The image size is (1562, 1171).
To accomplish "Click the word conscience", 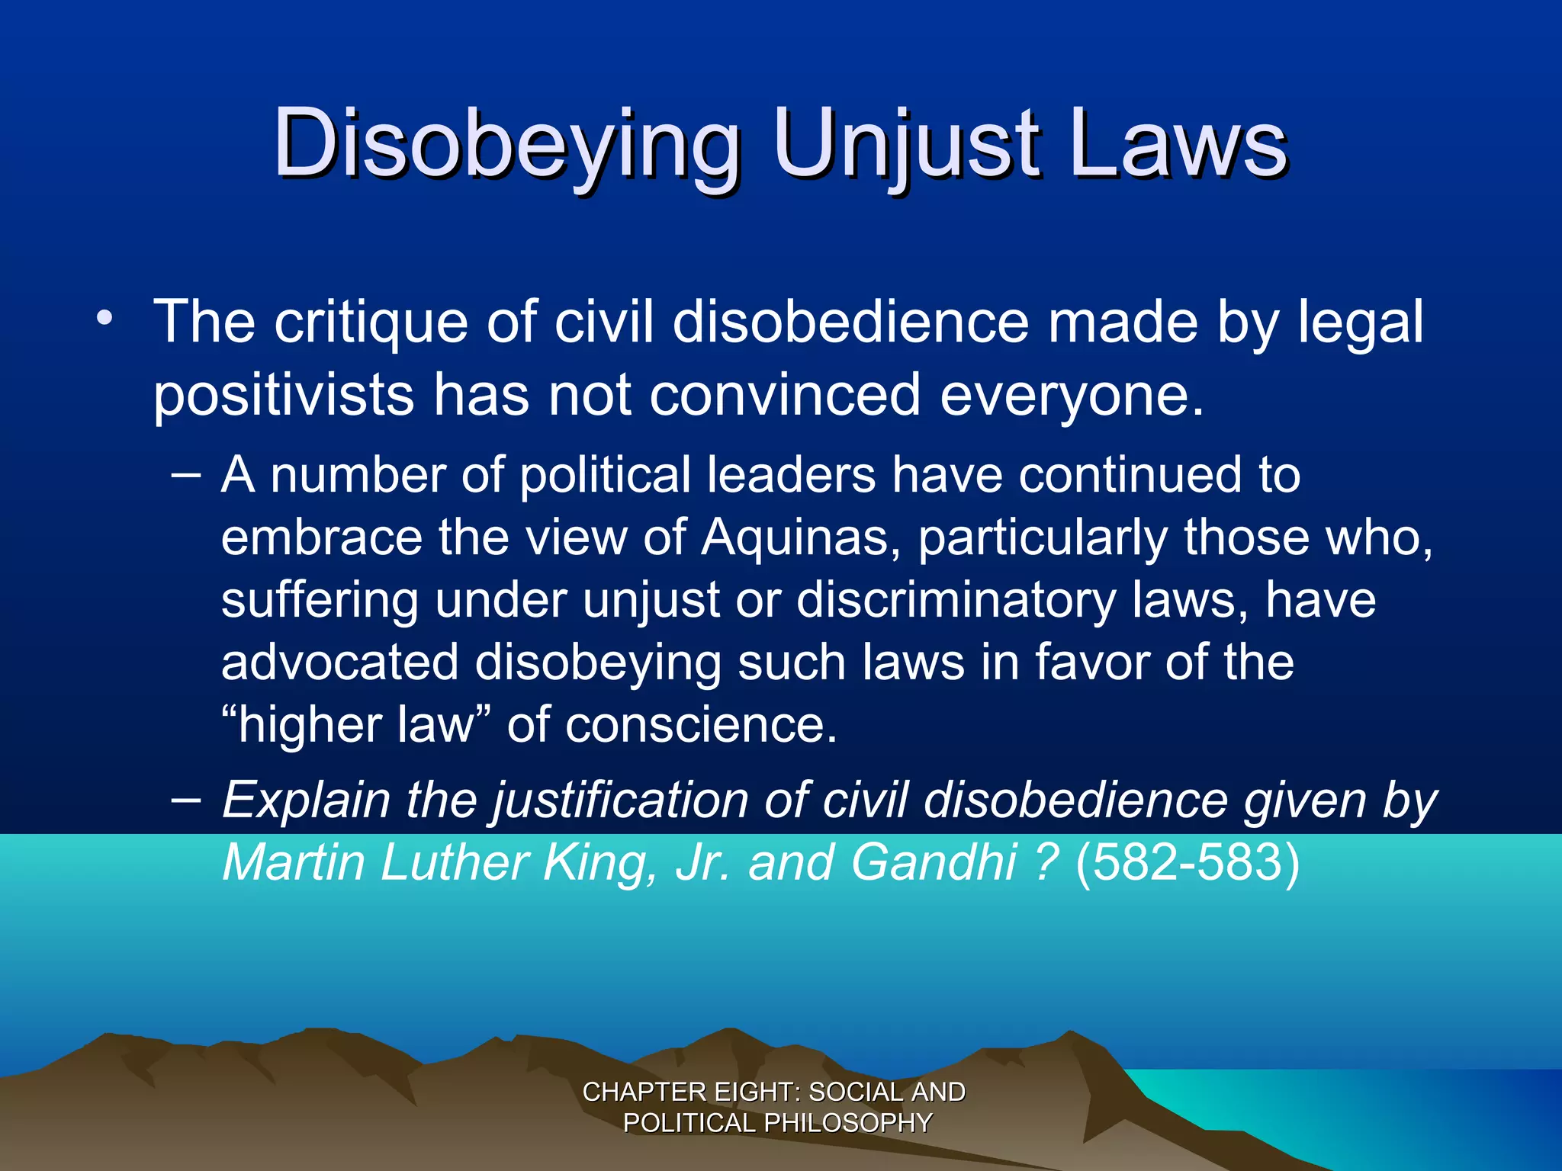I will (x=700, y=725).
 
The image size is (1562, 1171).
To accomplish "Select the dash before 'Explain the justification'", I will (x=186, y=800).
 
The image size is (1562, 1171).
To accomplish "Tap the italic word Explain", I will (x=305, y=801).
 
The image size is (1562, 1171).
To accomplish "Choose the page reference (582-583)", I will (x=1187, y=862).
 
